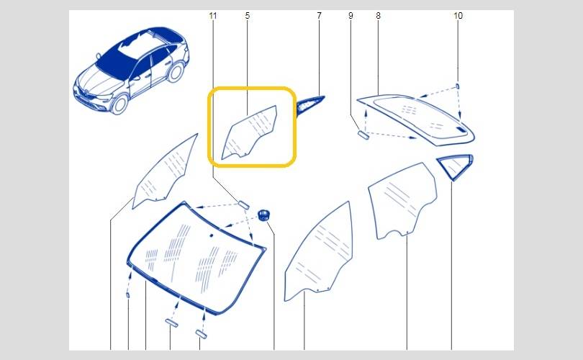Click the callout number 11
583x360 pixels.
(x=212, y=16)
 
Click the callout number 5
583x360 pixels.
(x=248, y=16)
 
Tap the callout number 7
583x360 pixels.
(x=319, y=16)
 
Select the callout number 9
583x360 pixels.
(x=351, y=16)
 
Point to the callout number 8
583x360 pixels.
(x=378, y=16)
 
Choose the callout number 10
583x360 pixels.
(x=458, y=16)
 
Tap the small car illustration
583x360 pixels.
(x=131, y=71)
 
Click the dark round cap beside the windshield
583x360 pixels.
(x=264, y=215)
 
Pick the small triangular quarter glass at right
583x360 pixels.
(x=455, y=166)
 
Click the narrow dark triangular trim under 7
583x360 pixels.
(x=309, y=105)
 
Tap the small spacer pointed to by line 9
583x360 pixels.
(x=363, y=134)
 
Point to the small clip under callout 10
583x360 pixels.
(x=458, y=86)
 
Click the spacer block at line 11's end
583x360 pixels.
(x=244, y=204)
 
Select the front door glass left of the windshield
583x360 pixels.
(x=165, y=172)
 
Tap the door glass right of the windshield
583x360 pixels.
(x=319, y=251)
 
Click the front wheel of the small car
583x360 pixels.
(x=120, y=104)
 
